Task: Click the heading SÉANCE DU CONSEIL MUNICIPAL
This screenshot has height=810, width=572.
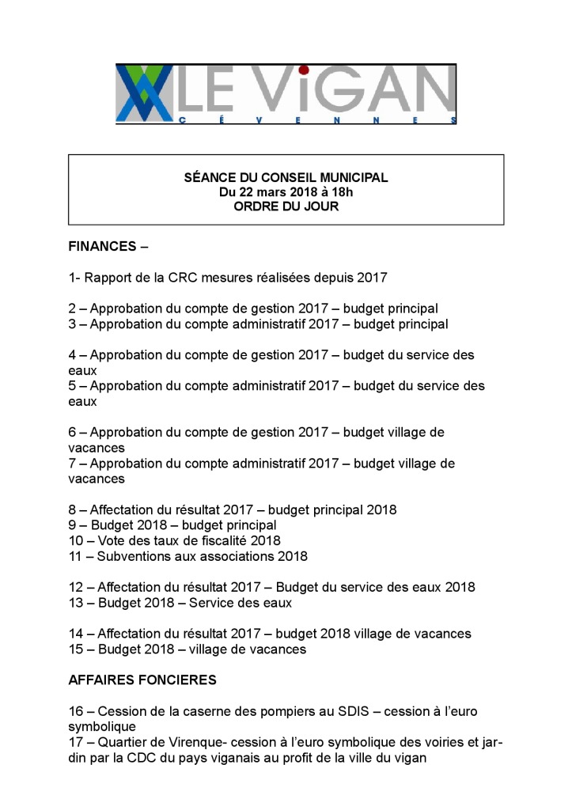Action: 286,178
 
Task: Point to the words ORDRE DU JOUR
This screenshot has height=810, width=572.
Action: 286,207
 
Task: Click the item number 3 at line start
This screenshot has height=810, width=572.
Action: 72,324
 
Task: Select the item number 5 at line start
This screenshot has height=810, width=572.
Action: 72,386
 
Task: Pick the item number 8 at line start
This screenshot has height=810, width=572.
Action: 72,509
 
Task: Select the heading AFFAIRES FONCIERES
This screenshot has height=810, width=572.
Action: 142,680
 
